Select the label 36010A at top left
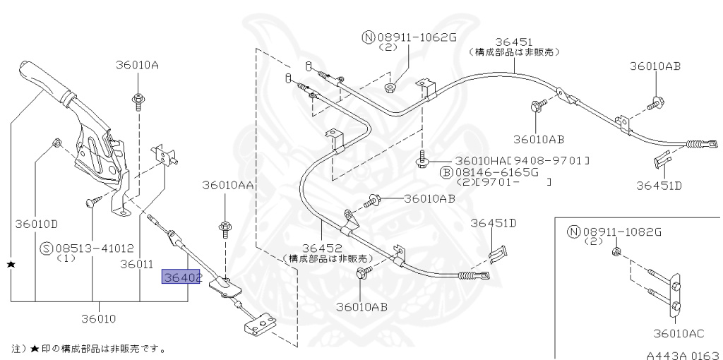tap(137, 65)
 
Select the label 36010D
tap(36, 224)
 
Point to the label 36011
tap(136, 264)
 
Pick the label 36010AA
tap(226, 185)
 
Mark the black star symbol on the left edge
tap(11, 264)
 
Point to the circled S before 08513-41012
tap(47, 248)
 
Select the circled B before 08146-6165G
tap(446, 172)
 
